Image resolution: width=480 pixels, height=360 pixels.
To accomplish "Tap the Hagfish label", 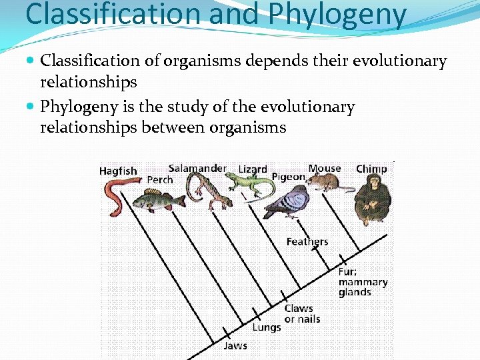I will (118, 171).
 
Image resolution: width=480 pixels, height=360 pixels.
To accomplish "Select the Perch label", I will (160, 180).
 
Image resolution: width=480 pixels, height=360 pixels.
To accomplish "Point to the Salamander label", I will (197, 169).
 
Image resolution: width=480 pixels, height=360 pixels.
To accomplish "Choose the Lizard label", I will (253, 169).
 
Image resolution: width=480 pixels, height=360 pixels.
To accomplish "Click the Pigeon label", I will (288, 177).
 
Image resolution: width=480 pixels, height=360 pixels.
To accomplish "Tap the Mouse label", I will (325, 169).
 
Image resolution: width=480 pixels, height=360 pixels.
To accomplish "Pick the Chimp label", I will (371, 169).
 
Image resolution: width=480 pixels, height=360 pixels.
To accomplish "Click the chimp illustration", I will (373, 201).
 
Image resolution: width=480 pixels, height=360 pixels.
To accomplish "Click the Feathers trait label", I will (307, 241).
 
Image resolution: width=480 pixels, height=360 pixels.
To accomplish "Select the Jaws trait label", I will (235, 345).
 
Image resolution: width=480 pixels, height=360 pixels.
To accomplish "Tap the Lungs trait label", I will (266, 327).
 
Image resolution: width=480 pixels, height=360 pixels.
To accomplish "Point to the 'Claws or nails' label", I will (302, 313).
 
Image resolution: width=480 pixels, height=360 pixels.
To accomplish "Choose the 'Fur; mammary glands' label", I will (362, 282).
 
